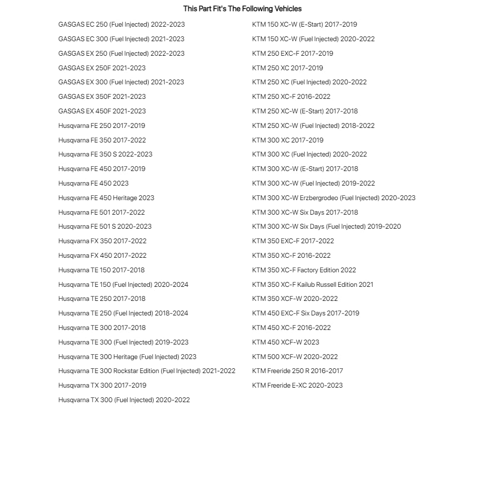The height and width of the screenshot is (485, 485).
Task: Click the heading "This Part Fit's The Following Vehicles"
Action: pos(242,9)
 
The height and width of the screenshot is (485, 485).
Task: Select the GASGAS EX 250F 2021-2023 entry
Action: pos(102,68)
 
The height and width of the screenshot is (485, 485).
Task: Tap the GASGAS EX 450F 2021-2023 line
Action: pos(102,111)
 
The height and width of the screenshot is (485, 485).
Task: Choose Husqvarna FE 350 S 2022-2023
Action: pos(105,154)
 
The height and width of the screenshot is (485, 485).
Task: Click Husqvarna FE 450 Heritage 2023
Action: pos(106,198)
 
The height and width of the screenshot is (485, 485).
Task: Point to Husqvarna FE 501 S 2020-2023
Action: pos(105,226)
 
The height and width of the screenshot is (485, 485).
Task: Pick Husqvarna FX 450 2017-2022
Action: pos(102,255)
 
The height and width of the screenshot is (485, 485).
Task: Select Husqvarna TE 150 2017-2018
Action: pos(101,270)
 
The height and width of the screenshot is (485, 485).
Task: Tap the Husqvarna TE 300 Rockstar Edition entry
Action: pos(147,371)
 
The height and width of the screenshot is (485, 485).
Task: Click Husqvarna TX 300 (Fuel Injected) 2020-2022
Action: pos(124,400)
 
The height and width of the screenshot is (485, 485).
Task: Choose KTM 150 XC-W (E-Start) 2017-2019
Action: pos(304,24)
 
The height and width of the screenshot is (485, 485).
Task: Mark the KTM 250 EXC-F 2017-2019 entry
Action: pos(293,53)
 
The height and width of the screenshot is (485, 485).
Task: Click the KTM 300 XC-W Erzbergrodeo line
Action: pos(333,198)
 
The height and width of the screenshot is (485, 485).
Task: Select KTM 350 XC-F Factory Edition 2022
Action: pos(304,270)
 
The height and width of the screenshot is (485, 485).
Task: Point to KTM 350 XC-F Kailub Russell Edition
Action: pos(313,284)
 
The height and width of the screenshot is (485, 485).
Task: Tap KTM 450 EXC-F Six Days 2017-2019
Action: pos(306,313)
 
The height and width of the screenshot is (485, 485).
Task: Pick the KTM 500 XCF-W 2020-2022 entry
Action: pos(295,357)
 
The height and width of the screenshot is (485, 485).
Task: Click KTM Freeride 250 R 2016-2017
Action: pos(297,371)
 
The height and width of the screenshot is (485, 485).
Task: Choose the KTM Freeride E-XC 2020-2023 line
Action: pos(297,385)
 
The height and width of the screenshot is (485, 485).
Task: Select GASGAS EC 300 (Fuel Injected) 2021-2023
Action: pos(121,39)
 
